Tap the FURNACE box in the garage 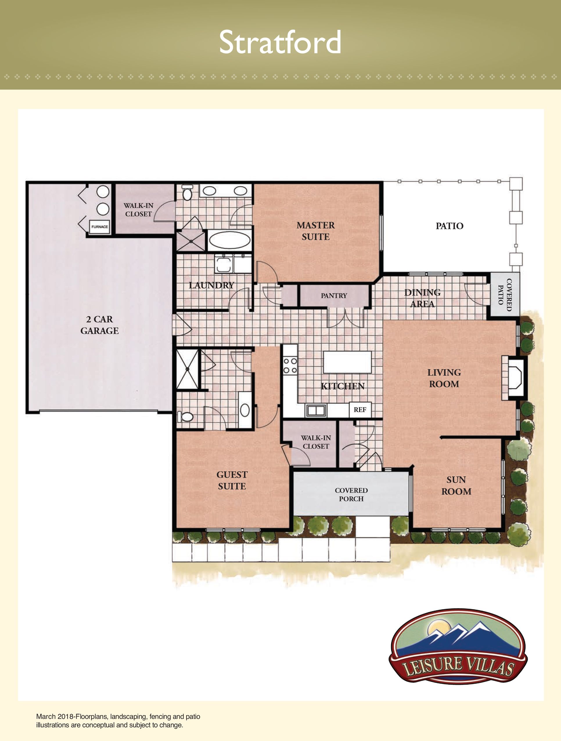[100, 227]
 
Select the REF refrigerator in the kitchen [360, 410]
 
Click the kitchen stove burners [290, 365]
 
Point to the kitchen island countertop [347, 362]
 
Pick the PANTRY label [334, 296]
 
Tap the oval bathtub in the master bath [230, 240]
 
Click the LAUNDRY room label [211, 285]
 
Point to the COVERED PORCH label [351, 494]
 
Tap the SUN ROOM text [456, 486]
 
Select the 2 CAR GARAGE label [100, 325]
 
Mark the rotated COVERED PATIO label [505, 295]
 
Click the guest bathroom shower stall [188, 369]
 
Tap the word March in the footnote [46, 717]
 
